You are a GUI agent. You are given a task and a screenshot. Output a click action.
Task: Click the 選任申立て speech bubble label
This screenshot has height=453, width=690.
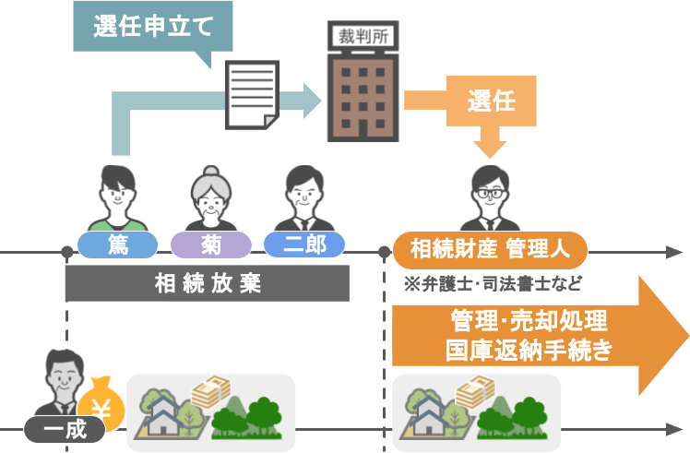[x=153, y=27]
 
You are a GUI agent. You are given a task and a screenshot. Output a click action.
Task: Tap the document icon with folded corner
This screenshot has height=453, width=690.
[x=252, y=95]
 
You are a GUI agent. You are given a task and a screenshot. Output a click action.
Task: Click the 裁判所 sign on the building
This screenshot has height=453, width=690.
[x=363, y=37]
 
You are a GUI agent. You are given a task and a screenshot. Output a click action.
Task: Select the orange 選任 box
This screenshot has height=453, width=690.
[x=491, y=101]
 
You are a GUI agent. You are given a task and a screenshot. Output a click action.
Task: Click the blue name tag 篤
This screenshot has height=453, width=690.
[x=117, y=244]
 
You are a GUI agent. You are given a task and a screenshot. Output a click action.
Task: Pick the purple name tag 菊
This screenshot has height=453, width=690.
[x=211, y=244]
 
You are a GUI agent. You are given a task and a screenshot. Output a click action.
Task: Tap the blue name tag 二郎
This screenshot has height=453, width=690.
[x=304, y=244]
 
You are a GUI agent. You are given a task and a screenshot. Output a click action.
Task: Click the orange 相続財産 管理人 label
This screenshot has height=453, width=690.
[x=490, y=250]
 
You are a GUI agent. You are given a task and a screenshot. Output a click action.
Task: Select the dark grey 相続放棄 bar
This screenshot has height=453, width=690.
[x=208, y=283]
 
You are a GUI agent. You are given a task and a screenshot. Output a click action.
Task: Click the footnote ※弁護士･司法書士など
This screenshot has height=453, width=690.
[x=493, y=284]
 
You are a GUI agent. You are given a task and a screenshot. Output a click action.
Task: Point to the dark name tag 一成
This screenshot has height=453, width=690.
[x=65, y=429]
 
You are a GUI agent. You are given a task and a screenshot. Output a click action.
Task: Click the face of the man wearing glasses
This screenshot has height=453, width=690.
[x=490, y=196]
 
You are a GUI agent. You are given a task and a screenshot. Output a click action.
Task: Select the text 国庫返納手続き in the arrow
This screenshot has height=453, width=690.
[x=529, y=350]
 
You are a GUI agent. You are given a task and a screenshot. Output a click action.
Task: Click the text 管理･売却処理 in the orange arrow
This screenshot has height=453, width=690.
[x=529, y=320]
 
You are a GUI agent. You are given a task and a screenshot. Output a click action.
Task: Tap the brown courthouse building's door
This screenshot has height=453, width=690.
[x=363, y=129]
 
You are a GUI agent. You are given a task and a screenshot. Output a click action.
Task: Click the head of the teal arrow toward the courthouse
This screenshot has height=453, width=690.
[x=313, y=101]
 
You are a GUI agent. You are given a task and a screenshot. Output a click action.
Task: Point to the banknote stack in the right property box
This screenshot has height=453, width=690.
[x=476, y=390]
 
